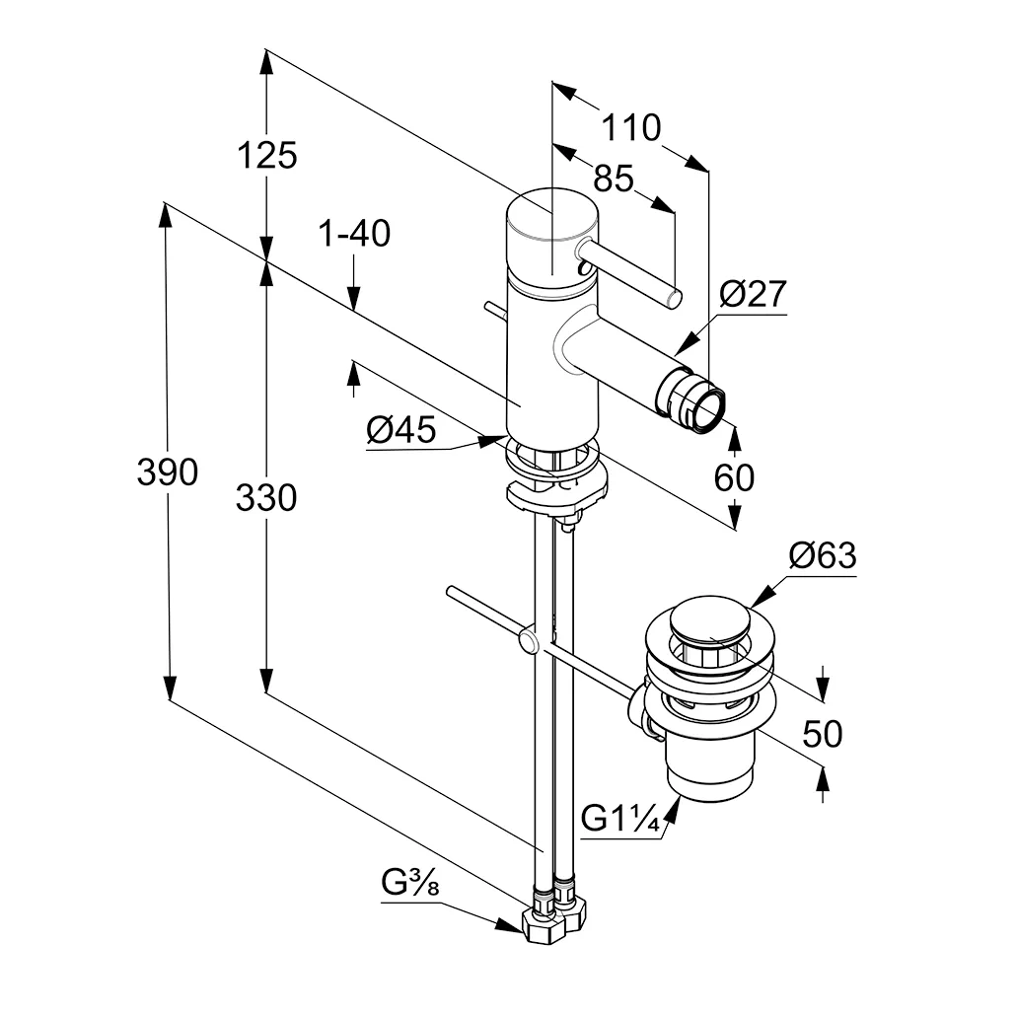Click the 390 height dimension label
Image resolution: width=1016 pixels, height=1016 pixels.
(168, 473)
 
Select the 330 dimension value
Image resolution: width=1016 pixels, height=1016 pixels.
(266, 498)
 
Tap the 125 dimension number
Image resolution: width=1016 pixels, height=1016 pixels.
(266, 155)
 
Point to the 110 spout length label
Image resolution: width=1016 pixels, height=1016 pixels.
(630, 127)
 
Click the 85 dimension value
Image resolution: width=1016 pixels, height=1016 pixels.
(613, 179)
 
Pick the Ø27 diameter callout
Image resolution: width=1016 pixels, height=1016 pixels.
(752, 294)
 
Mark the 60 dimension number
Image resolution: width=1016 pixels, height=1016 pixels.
(734, 477)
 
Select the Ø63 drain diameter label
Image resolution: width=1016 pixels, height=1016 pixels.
(823, 556)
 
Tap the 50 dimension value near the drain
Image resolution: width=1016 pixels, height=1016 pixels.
(823, 734)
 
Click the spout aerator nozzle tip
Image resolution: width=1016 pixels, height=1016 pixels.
(706, 405)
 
